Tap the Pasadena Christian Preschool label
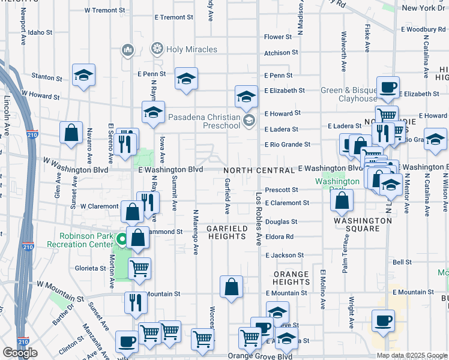pos(204,122)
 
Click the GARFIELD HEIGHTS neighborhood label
pos(226,233)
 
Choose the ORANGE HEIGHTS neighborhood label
pos(291,278)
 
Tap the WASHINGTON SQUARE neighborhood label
pos(362,224)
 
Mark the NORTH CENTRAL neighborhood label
pos(260,170)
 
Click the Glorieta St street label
pos(91,269)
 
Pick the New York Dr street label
pos(423,8)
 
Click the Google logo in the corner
pos(20,353)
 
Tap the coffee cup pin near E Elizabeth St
pos(388,88)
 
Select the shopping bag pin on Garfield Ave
pos(231,287)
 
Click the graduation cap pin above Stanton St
pos(84,75)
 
